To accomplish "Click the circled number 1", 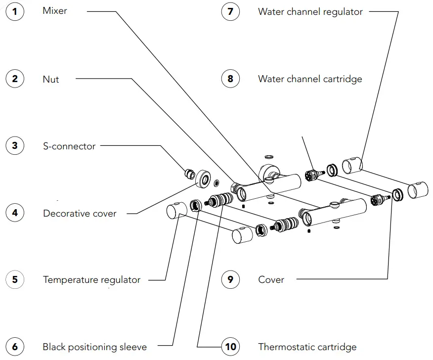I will (15, 11).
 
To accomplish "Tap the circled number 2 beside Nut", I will (15, 79).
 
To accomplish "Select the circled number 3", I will (15, 146).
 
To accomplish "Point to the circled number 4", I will (15, 213).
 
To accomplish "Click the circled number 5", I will (15, 280).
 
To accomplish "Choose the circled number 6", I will (15, 347).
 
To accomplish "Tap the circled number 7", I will (230, 11).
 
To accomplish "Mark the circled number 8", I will (230, 79).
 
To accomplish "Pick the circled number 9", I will (230, 280).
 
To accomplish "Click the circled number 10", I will (230, 347).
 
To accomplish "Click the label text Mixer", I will (54, 11).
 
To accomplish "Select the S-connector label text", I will (69, 146).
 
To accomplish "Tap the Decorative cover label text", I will (80, 214).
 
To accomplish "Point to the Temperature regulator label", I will (91, 280).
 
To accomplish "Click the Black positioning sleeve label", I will (94, 347).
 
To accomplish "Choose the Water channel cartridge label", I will (310, 79).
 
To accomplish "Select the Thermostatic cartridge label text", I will (307, 347).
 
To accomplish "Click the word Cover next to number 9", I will (271, 280).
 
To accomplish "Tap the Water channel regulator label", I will (310, 11).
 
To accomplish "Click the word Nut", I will (50, 79).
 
